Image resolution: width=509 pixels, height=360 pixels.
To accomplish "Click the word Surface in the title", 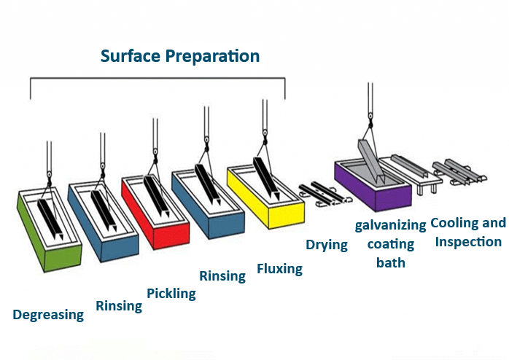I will pos(133,55).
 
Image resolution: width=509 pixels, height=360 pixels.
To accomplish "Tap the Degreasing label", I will pos(48,315).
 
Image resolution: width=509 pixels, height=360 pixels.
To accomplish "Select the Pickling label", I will pos(171,294).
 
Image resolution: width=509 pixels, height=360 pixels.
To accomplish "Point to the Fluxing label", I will pos(279,269).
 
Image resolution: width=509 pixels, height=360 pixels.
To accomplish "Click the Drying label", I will pos(326,244).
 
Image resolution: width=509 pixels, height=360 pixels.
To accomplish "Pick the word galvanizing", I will pos(390,225).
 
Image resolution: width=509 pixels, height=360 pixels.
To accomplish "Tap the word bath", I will pos(391,262).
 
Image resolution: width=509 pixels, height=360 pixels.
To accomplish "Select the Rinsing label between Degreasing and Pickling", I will pos(119,305).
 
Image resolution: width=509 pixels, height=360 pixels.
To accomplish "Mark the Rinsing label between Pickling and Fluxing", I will pos(222,275).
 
